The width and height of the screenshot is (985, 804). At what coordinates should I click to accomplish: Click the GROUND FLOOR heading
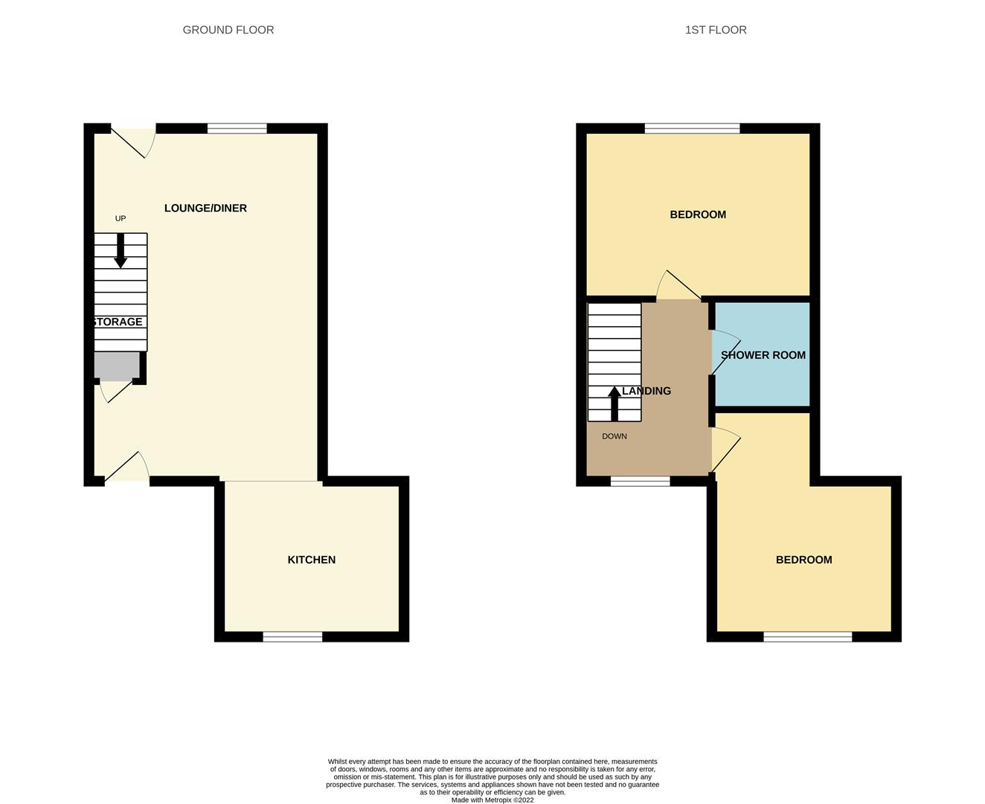point(228,30)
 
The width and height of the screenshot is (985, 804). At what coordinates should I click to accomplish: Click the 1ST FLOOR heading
point(716,30)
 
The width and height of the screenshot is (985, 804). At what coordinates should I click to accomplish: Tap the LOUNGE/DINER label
point(205,208)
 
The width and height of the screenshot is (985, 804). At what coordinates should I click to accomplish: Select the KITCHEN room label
point(312,560)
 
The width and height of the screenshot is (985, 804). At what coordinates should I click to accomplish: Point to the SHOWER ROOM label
point(763,355)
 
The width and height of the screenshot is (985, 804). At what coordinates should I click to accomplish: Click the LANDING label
point(646,391)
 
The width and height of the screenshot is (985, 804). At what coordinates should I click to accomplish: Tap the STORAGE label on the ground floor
point(118,322)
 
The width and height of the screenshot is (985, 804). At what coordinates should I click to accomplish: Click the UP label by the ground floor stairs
point(121,218)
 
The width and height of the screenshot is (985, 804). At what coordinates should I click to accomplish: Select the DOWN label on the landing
point(615,436)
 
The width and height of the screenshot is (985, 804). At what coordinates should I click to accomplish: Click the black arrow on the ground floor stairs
point(121,251)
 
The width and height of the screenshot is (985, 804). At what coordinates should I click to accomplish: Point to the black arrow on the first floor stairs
point(615,404)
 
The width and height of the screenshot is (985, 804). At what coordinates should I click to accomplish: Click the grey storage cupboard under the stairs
point(118,365)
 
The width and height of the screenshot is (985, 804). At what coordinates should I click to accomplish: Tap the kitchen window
point(292,636)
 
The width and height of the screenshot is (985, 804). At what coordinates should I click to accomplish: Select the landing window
point(641,481)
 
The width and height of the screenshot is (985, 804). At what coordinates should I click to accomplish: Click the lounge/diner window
point(237,128)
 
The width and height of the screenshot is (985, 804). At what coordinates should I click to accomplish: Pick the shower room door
point(725,352)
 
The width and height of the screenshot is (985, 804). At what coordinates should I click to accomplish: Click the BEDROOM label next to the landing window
point(803,560)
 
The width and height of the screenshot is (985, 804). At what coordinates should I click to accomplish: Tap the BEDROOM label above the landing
point(698,214)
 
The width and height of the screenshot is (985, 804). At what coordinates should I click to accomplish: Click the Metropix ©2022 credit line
point(493,800)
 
